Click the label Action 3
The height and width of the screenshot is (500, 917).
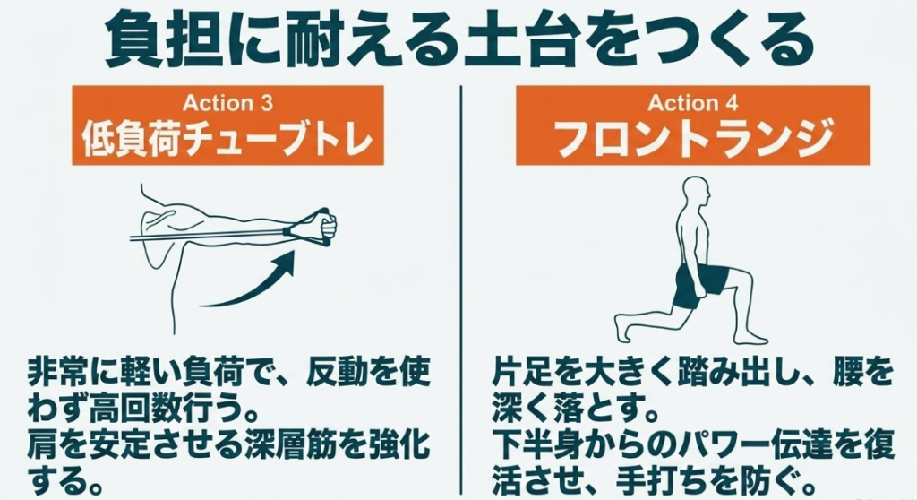(227, 103)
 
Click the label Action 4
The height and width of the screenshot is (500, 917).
(693, 103)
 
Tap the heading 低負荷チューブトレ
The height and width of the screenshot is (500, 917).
(227, 138)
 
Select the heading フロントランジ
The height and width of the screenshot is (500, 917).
(693, 138)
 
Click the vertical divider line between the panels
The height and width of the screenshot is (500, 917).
(461, 289)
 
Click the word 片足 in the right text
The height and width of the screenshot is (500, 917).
(522, 373)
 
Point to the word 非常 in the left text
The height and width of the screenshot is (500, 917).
(58, 373)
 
